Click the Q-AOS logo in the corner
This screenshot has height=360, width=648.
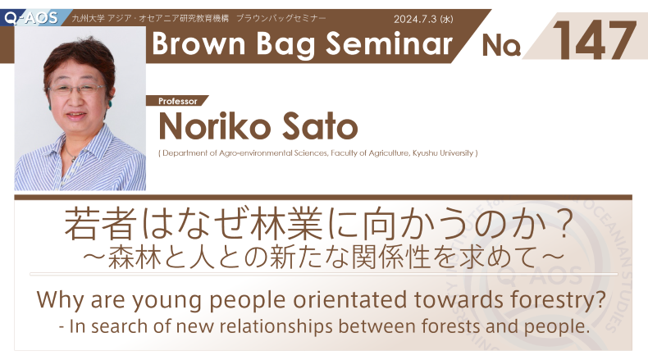31,18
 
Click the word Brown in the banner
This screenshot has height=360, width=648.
199,43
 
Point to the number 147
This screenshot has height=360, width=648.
594,40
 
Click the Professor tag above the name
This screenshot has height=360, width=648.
178,101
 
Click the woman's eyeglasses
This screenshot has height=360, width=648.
76,89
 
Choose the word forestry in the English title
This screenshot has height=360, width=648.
553,299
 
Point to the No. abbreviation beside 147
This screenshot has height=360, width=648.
501,45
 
